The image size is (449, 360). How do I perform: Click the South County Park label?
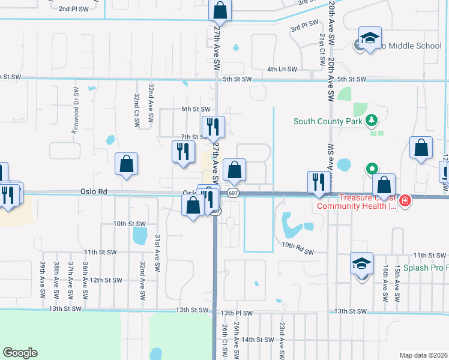328,121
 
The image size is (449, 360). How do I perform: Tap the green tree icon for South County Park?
372,121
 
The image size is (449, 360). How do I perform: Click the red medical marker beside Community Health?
405,200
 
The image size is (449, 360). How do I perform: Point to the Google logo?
20,353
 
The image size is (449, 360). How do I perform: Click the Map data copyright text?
424,355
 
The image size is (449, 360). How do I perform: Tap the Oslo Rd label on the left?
93,191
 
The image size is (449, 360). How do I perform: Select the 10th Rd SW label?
298,245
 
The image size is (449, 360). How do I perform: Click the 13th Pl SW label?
237,313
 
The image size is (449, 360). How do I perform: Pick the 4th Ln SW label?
283,70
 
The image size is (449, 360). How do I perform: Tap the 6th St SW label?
196,109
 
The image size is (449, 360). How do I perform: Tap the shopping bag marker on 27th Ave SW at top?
220,10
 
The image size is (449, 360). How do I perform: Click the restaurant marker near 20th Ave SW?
318,182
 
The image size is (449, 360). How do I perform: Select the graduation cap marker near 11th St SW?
362,264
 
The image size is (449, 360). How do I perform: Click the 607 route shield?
234,192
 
